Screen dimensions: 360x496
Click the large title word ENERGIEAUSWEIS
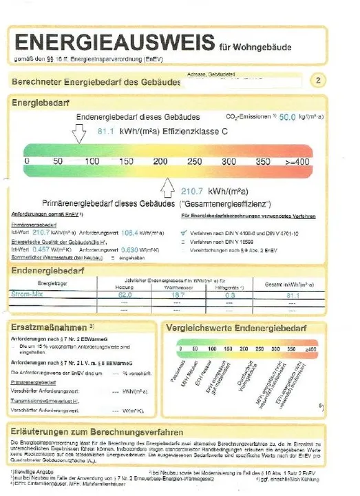[x=113, y=42]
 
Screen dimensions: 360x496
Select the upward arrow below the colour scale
[x=167, y=186]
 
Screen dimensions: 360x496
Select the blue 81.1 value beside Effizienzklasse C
[x=105, y=130]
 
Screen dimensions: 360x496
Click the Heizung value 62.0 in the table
[x=124, y=295]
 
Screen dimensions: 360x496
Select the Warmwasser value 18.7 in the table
[x=182, y=295]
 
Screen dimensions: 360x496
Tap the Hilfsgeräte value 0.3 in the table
[x=230, y=295]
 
